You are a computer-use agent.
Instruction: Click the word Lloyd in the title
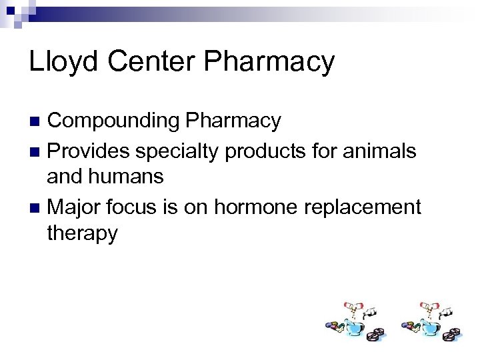pos(61,62)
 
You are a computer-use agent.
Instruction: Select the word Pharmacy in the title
pos(270,62)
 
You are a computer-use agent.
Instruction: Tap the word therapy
pos(82,233)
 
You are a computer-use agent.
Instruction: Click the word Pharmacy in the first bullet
pos(234,121)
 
